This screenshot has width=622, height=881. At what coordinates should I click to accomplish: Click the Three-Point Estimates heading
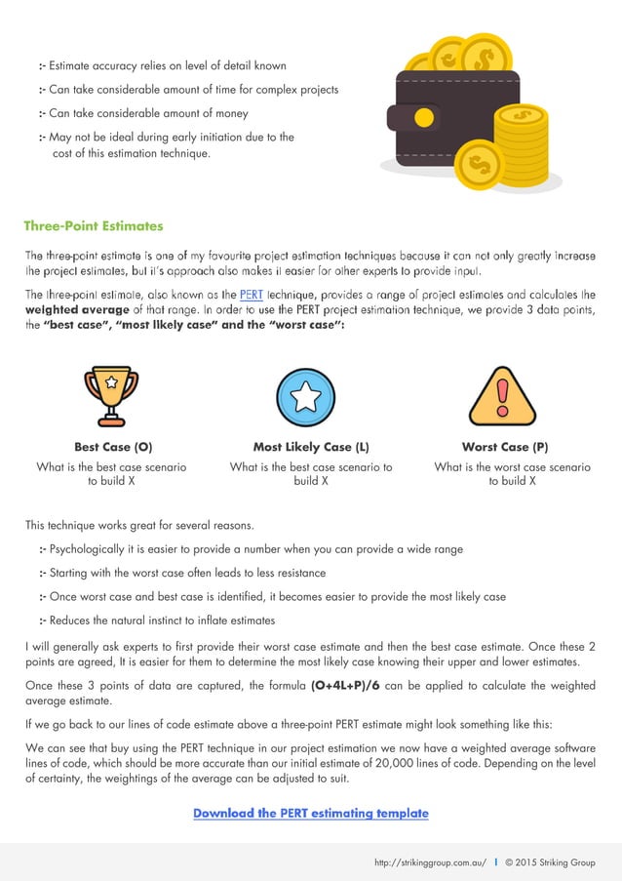click(x=94, y=226)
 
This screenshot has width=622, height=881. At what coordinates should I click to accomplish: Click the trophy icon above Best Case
click(x=112, y=395)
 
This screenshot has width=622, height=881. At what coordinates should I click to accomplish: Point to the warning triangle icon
click(x=502, y=396)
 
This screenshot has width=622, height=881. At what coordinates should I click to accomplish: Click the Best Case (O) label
click(x=113, y=447)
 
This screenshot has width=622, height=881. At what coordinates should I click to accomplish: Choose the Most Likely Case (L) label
click(x=310, y=447)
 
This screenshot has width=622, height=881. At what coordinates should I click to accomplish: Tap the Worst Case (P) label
click(x=504, y=447)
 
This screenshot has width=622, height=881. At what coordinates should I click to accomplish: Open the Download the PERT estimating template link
click(x=310, y=813)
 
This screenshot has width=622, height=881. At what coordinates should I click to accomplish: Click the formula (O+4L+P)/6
click(x=345, y=685)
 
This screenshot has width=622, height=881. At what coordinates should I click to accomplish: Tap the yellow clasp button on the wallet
click(x=423, y=118)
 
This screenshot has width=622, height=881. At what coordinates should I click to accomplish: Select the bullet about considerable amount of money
click(x=155, y=113)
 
